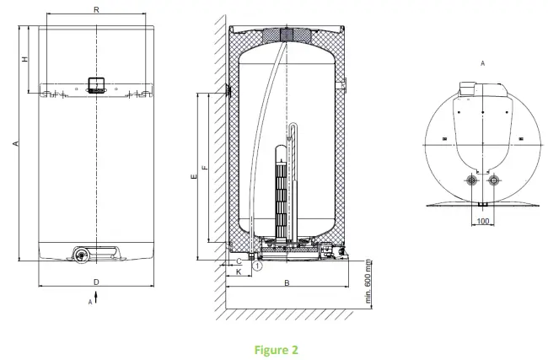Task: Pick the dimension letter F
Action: [205, 168]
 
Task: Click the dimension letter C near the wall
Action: [239, 263]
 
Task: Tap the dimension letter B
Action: [287, 284]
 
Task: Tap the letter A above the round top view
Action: [481, 62]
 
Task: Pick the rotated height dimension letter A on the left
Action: [15, 144]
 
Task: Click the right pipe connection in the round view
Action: [493, 180]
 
